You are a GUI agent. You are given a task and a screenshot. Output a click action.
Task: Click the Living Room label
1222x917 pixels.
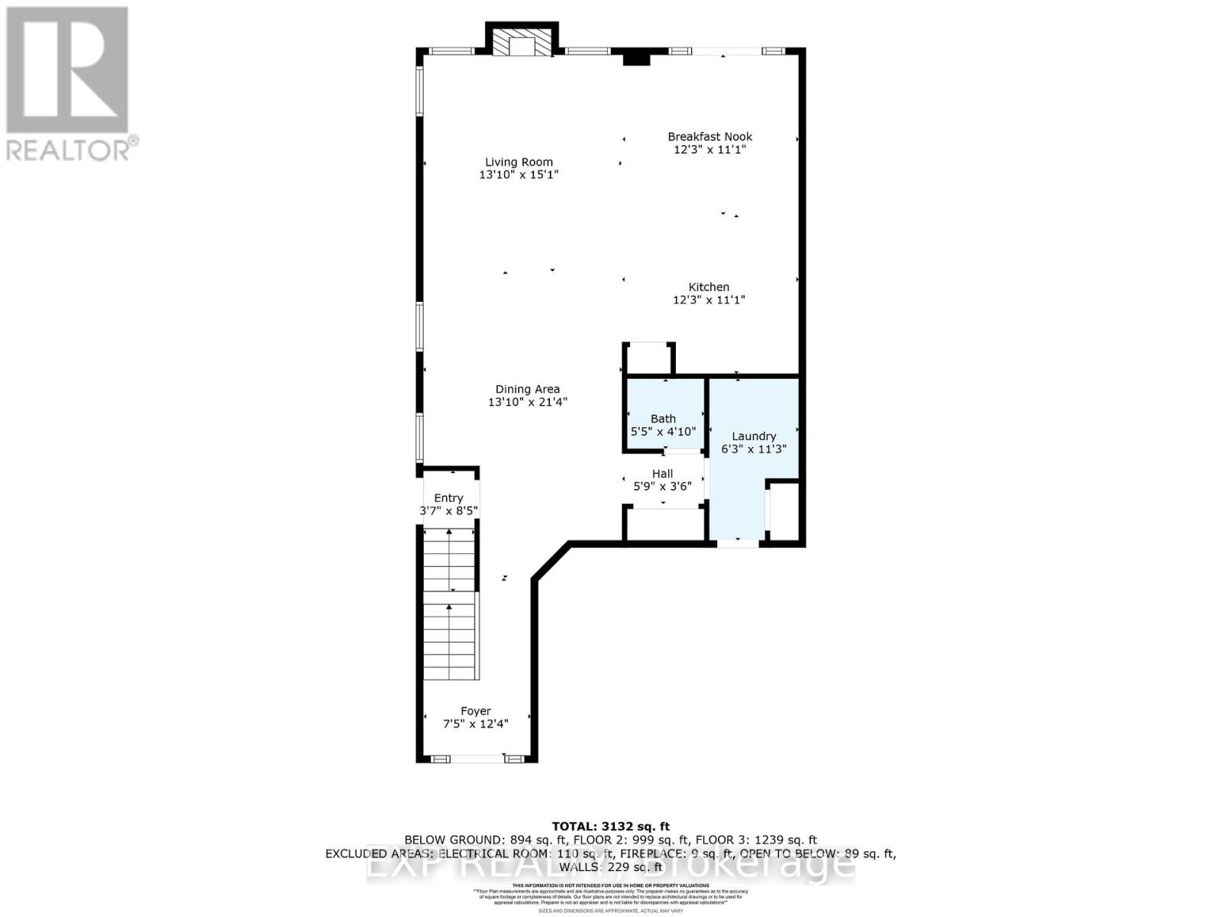pos(519,162)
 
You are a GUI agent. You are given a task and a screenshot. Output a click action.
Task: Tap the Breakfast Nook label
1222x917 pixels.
pos(710,137)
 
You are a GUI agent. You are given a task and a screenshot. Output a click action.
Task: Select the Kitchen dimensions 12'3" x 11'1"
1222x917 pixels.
pos(709,300)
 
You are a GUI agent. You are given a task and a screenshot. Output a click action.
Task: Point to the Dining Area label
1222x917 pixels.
pos(527,389)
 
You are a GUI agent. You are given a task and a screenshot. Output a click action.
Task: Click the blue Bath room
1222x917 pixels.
pos(663,413)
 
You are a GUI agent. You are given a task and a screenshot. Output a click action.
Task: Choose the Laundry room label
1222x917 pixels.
pos(753,436)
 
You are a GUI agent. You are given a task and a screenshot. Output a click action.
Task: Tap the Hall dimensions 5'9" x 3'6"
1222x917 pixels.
pos(662,486)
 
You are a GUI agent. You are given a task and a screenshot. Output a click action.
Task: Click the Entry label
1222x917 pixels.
pos(448,498)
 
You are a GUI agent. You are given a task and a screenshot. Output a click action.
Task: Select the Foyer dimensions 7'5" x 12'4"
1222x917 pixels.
pos(475,724)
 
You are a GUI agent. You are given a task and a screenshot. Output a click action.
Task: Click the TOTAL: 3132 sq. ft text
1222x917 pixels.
pos(610,826)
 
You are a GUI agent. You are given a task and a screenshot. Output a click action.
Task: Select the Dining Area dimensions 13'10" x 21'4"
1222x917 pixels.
pos(527,402)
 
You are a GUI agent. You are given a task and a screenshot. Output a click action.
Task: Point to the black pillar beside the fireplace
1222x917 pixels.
pos(635,57)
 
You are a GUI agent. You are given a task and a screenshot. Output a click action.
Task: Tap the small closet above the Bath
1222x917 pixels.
pos(648,359)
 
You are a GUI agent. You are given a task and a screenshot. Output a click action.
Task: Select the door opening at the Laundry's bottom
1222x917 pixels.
pos(738,543)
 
